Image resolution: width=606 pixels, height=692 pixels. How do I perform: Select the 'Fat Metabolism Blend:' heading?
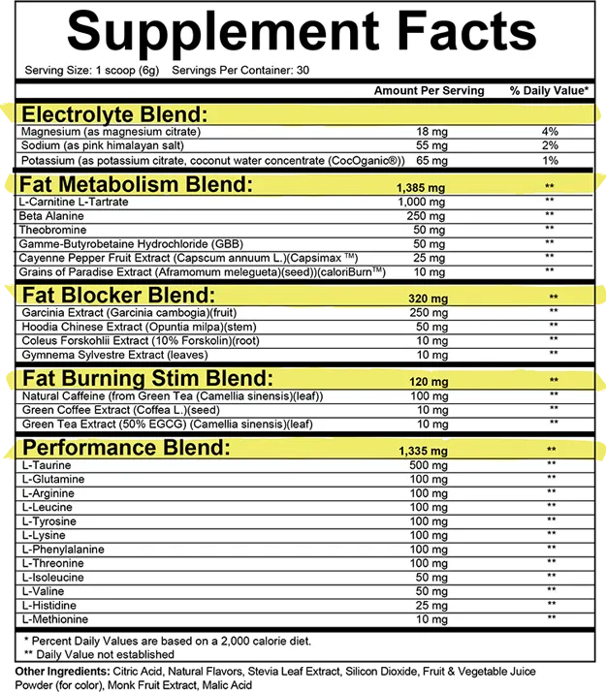tap(136, 184)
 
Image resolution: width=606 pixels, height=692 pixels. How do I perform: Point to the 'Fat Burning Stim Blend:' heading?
tap(146, 379)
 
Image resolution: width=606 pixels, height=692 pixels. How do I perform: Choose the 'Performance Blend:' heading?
tap(127, 448)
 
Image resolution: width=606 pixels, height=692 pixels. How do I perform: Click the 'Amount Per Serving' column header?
tap(429, 91)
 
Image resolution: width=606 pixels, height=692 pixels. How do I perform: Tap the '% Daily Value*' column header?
tap(549, 91)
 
